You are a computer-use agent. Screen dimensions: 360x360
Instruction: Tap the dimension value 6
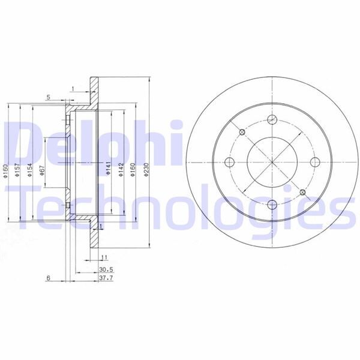(48, 278)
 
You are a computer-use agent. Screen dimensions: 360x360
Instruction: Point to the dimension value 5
(48, 98)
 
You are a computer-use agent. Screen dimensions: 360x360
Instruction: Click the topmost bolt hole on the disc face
(271, 118)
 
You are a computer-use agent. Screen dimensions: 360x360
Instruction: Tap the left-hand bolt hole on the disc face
(228, 161)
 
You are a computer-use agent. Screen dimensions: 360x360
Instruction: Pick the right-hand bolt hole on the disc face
(315, 161)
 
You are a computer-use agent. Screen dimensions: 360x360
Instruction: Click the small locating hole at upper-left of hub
(241, 131)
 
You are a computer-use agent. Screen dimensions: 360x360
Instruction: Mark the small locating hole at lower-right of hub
(302, 192)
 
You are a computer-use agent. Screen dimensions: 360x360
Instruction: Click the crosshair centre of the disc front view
(271, 161)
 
